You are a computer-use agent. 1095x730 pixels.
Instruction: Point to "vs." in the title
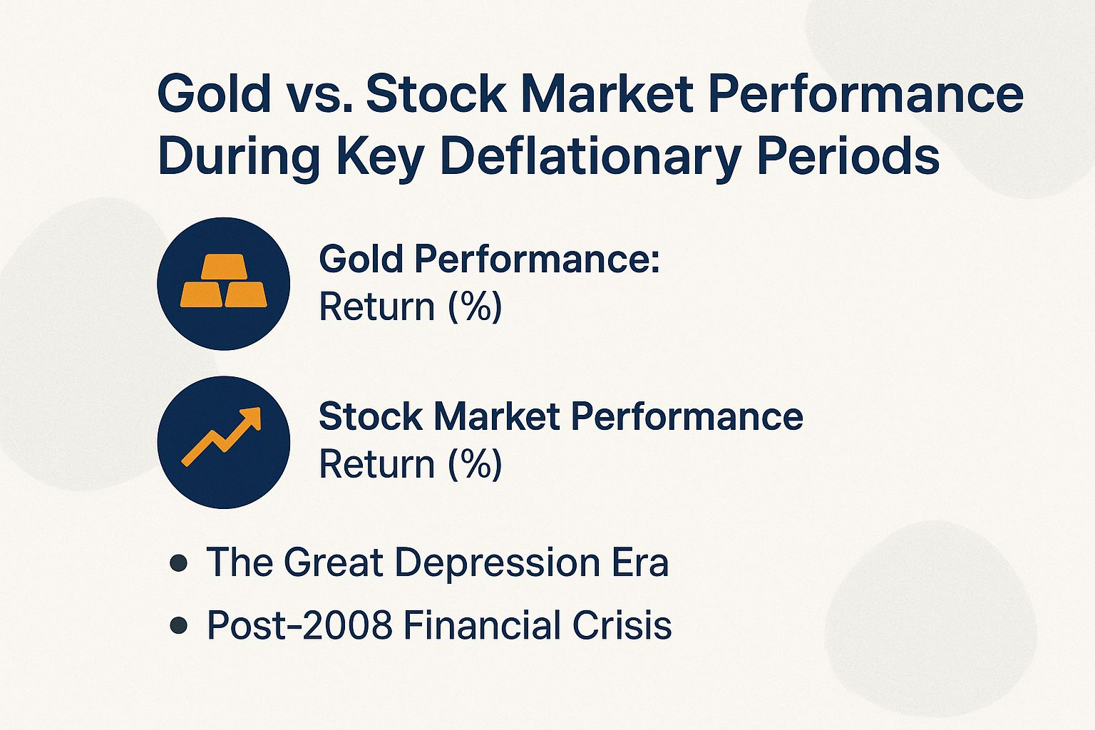coord(318,94)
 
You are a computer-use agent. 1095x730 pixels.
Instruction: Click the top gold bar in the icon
coord(223,267)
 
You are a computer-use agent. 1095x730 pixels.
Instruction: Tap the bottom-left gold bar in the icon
coord(201,294)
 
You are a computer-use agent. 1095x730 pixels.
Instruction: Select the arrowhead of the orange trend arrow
coord(250,419)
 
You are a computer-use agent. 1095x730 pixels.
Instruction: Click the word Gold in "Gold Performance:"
coord(361,259)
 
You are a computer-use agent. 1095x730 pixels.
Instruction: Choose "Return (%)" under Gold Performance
coord(410,307)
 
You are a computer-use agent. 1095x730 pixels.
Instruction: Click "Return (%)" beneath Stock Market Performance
coord(410,464)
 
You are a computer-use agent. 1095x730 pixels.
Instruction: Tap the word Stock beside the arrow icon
coord(371,416)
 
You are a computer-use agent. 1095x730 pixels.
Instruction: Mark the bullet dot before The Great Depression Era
coord(179,564)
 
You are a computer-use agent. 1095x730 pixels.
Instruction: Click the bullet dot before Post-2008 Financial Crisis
coord(179,626)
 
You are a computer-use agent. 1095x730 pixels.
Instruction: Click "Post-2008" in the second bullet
coord(299,625)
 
